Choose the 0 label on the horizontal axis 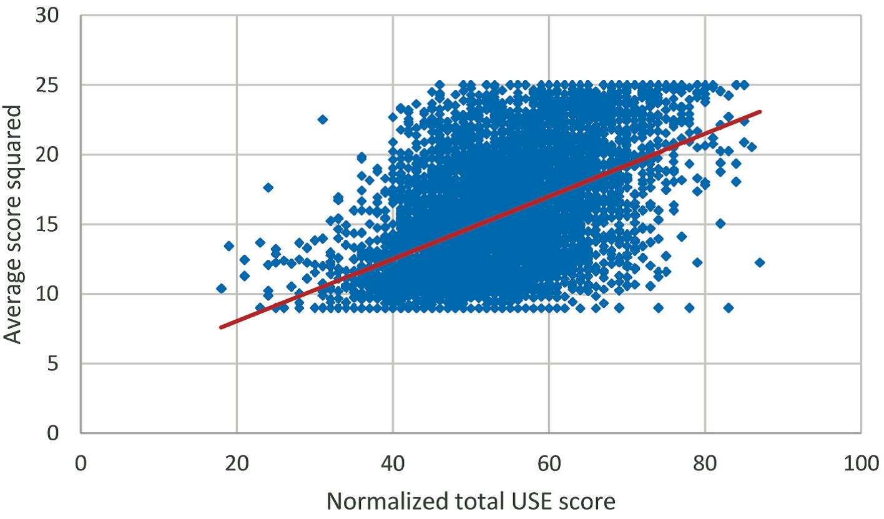(81, 465)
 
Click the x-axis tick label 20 (237, 465)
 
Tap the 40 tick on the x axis (393, 465)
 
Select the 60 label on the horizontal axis (549, 465)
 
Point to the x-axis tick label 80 (705, 465)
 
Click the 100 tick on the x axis (861, 465)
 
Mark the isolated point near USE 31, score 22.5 (323, 119)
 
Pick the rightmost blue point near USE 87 (760, 262)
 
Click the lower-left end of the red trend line (221, 327)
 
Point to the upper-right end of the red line (760, 112)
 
